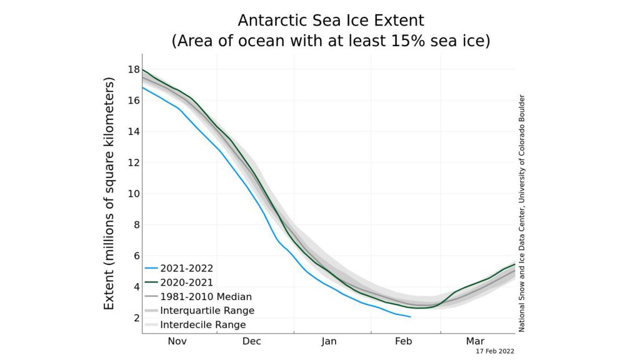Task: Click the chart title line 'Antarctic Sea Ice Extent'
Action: tap(331, 20)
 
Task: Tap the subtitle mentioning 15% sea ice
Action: tap(331, 41)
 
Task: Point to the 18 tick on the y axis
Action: tap(134, 69)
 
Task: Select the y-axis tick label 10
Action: tap(134, 194)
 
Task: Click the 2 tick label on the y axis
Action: tap(137, 317)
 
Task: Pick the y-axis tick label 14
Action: tap(134, 131)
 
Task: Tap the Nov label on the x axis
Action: tap(177, 341)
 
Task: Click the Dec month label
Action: tap(251, 341)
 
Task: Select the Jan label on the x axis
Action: tap(329, 341)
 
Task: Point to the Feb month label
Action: tap(404, 341)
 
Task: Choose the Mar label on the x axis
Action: tap(476, 341)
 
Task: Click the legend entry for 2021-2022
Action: tap(179, 268)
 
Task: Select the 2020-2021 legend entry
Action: tap(179, 282)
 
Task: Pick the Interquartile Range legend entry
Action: tap(199, 311)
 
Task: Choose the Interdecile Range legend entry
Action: tap(196, 325)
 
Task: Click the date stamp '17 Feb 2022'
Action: tap(495, 351)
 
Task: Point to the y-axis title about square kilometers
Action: tap(109, 194)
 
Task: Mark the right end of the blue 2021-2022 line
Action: tap(411, 317)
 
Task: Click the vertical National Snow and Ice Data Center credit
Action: tap(522, 213)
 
